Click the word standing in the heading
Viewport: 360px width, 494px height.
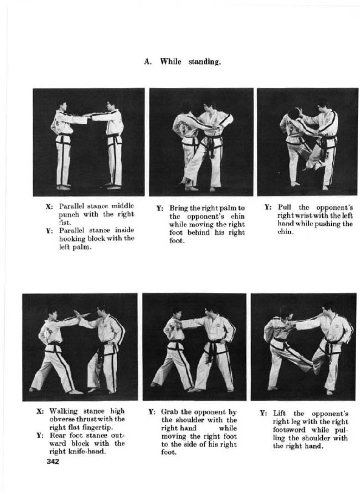[204, 62]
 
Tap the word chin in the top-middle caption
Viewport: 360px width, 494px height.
[238, 217]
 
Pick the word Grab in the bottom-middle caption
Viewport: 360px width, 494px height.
[169, 412]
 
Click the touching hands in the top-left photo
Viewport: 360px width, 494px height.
[88, 116]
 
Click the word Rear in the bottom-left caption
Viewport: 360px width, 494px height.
[56, 436]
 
